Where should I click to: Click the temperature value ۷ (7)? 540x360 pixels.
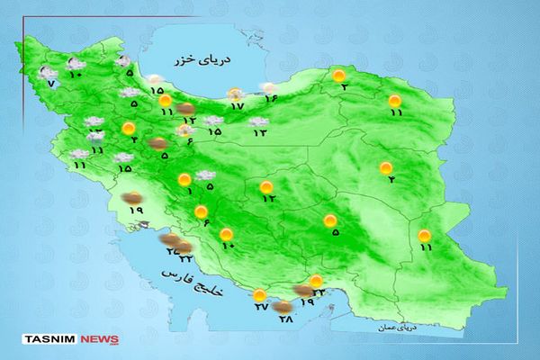tap(51, 84)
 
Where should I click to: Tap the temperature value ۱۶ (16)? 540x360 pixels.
tap(269, 99)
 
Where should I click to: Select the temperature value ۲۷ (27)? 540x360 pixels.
tap(261, 308)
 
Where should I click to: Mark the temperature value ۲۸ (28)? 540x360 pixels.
tap(287, 319)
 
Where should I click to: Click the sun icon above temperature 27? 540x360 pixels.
tap(260, 294)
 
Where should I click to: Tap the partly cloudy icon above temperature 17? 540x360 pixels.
tap(236, 94)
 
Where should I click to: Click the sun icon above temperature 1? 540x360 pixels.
tap(185, 178)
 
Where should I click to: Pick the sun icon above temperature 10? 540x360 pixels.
tap(225, 234)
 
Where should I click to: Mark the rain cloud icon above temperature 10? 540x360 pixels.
tap(76, 63)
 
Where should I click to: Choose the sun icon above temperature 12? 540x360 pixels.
tap(266, 186)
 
